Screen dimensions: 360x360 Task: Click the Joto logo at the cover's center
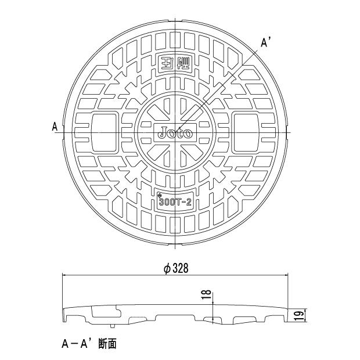176,132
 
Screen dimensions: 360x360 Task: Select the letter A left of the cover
55,126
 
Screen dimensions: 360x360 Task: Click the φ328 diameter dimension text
177,268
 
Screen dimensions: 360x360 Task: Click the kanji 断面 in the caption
107,344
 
